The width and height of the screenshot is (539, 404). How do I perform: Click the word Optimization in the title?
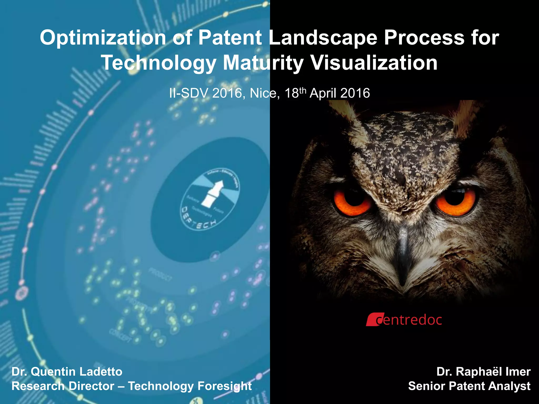103,38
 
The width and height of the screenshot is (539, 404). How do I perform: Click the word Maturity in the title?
263,63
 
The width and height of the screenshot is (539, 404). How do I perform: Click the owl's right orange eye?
455,201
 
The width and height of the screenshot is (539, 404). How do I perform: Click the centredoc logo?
404,320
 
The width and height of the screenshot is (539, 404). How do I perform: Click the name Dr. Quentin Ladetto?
67,372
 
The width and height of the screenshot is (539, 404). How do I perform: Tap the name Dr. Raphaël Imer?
483,372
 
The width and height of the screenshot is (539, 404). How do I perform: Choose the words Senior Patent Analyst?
469,386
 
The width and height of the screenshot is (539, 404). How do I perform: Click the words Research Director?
63,386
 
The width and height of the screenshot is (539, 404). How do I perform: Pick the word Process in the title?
424,38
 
